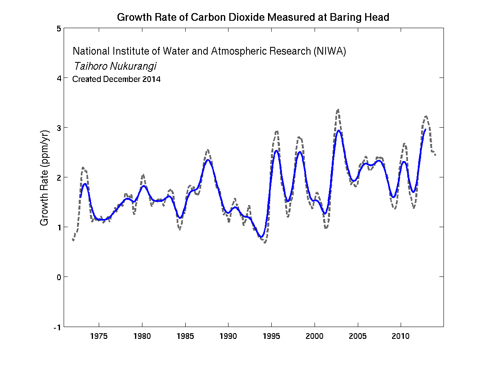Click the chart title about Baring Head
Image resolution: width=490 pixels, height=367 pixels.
253,18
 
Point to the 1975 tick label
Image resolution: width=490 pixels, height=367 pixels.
99,336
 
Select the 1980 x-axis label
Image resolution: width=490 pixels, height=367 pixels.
142,336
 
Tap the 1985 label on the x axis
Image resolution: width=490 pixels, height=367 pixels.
185,336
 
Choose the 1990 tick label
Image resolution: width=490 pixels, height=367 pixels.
228,336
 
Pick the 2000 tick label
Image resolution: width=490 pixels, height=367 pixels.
315,336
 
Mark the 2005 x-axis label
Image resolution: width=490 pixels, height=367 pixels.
358,336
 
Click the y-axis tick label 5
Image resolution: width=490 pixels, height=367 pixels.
59,29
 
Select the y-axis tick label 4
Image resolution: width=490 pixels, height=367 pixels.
59,78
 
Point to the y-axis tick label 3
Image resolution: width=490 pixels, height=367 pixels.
59,128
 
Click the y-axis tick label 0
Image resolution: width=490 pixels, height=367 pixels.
59,277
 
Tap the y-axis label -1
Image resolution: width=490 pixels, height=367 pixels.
58,327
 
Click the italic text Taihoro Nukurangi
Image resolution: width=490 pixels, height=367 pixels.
115,66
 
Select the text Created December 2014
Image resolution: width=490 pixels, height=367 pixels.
116,80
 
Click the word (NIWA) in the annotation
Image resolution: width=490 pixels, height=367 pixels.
330,52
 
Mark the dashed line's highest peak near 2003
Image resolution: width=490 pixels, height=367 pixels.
338,109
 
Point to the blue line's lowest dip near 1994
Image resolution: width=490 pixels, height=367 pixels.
261,237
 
